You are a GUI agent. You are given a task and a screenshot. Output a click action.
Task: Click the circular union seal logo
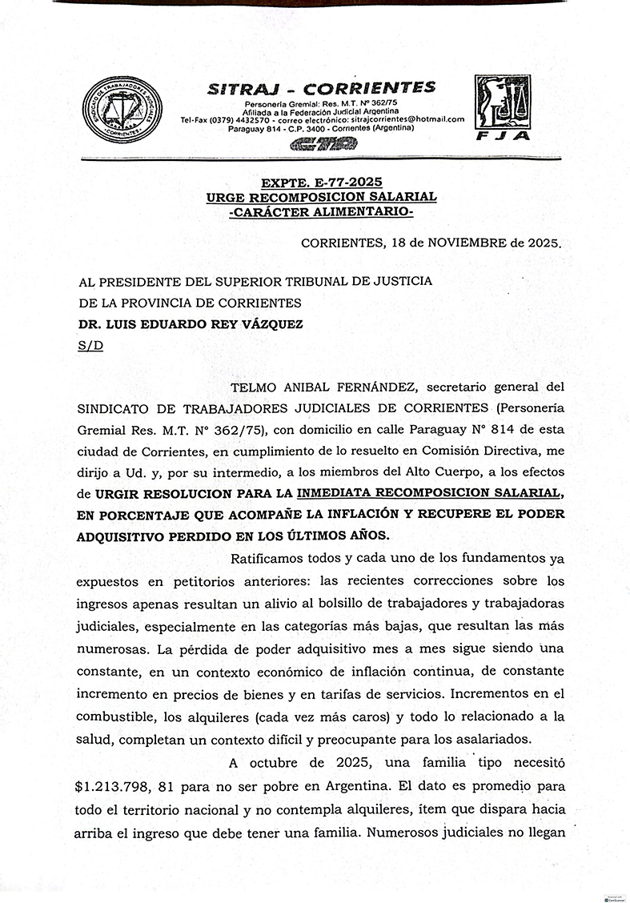122,110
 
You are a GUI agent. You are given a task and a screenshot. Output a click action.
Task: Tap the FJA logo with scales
502,108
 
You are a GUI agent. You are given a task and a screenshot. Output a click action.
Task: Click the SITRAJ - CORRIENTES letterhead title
322,88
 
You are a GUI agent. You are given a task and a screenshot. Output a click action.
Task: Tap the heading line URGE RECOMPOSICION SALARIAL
320,197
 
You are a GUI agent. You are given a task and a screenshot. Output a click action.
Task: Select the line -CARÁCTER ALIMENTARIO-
320,212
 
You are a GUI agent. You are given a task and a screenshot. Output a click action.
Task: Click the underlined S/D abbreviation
90,345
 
